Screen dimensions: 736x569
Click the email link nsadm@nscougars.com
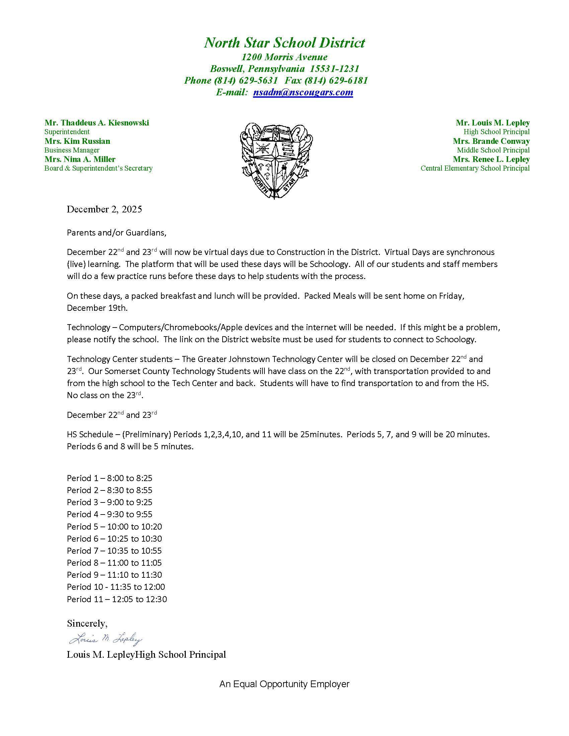[303, 92]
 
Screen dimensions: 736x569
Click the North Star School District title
[284, 43]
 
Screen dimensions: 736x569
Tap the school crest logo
[276, 159]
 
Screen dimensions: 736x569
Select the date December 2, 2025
[104, 209]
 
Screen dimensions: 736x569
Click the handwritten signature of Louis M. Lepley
[105, 639]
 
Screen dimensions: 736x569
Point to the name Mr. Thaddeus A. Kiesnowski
[96, 123]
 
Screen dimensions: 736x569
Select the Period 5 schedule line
[114, 526]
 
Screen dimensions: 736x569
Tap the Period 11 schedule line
[116, 599]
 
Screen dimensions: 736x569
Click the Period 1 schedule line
[109, 478]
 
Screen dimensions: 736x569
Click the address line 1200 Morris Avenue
[284, 57]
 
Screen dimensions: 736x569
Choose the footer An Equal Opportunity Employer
[284, 684]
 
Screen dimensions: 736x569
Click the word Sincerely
[87, 624]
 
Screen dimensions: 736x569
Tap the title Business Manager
[72, 150]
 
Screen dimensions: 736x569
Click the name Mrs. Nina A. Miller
[80, 159]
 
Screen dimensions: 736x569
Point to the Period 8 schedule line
[114, 562]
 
